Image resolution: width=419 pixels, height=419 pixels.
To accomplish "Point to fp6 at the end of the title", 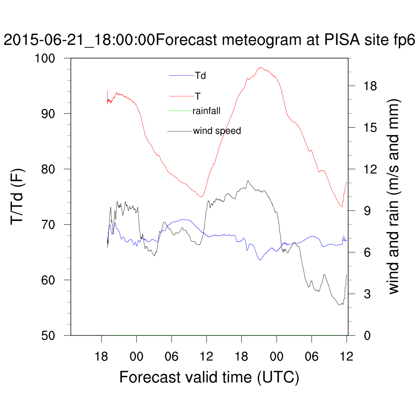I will (x=403, y=41).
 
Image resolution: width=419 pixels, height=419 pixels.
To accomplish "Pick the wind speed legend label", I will (x=217, y=131).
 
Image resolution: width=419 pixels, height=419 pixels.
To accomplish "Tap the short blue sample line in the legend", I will (x=182, y=76).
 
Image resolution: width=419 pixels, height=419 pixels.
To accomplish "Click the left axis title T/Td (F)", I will (x=18, y=197).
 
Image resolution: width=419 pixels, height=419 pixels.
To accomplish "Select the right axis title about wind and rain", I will (x=394, y=196).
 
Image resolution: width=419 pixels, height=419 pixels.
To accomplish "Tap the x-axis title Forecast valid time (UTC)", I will (x=209, y=377).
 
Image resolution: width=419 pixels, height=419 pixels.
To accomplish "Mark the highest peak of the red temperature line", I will (x=260, y=68).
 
